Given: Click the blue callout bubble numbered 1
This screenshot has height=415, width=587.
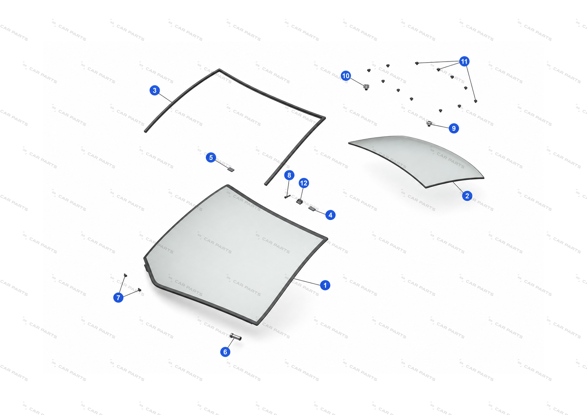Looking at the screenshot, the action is [x=325, y=285].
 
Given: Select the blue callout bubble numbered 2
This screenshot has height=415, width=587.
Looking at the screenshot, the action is [x=467, y=196].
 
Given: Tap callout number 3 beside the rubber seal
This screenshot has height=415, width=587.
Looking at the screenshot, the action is [x=155, y=90].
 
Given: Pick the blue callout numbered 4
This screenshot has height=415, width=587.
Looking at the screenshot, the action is [x=330, y=215].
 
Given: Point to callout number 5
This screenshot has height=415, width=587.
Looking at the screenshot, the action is [x=211, y=157].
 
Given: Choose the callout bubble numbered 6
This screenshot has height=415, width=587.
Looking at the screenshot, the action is [x=225, y=352].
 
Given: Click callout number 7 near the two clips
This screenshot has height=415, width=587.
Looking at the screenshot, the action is [x=118, y=297].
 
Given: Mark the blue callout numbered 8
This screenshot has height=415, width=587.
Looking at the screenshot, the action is [x=289, y=175].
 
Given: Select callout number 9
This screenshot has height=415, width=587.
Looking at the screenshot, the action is [x=454, y=128].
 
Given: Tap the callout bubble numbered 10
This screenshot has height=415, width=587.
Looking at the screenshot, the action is [x=346, y=76].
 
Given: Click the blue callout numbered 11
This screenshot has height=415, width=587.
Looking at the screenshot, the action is [x=464, y=61].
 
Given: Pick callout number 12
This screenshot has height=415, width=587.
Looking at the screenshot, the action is [x=304, y=183].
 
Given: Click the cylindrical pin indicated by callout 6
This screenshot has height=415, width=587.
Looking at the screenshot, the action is [x=236, y=337].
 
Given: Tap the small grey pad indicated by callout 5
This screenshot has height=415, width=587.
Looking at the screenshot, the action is [x=231, y=170].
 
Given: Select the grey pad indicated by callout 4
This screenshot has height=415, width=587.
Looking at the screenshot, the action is [x=312, y=209].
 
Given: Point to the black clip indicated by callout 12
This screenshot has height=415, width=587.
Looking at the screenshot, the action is [x=299, y=202].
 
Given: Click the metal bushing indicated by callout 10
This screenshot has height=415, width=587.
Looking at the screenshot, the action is [x=366, y=87].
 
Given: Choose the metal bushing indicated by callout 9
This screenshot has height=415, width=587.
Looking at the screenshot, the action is [x=429, y=123].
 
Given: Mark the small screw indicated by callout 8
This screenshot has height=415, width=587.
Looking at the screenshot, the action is [x=287, y=197].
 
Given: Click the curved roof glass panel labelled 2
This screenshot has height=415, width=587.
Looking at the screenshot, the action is [x=419, y=160].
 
